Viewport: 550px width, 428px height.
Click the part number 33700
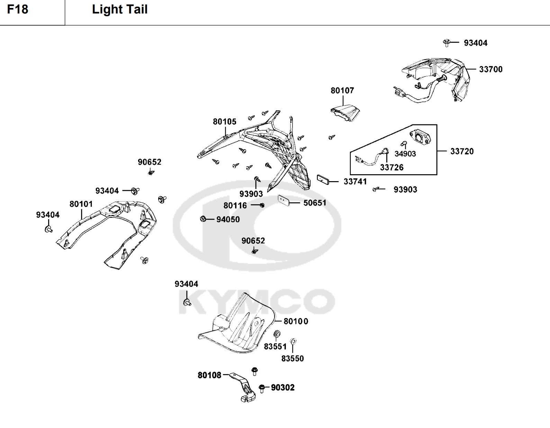tap(490, 69)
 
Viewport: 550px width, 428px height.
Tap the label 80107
tap(342, 91)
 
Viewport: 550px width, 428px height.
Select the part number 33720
tap(462, 151)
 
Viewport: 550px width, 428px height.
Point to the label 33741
tap(355, 182)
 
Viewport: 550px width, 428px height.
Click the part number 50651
tap(315, 203)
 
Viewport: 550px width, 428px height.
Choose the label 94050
tap(228, 220)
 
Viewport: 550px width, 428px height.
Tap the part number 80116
tap(235, 206)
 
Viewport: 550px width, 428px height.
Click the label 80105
tap(224, 122)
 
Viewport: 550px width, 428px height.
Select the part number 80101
tap(81, 204)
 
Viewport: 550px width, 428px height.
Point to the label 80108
tap(209, 375)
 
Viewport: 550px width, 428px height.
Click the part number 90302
tap(282, 388)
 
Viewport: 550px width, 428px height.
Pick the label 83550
tap(292, 359)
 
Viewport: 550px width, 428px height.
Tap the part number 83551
tap(275, 346)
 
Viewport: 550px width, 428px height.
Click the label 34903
tap(405, 154)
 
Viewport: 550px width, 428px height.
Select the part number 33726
tap(391, 168)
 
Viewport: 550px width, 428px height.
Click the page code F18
tap(18, 9)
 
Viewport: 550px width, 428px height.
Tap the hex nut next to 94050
tap(203, 218)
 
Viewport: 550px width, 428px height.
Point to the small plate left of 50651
tap(283, 200)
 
